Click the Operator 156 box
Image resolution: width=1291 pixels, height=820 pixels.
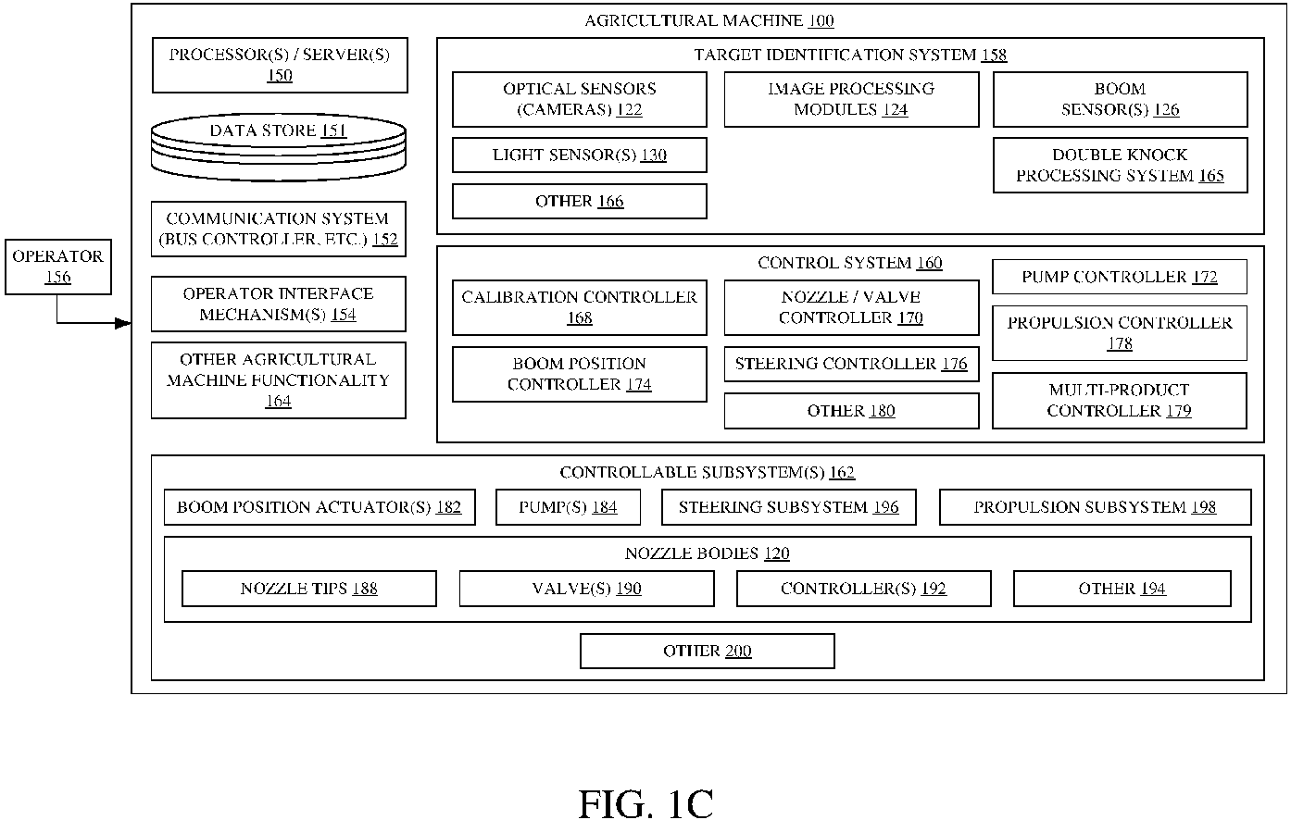coord(58,267)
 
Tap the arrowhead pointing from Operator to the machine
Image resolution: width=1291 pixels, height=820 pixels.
coord(123,323)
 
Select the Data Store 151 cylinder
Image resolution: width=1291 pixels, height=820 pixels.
coord(279,147)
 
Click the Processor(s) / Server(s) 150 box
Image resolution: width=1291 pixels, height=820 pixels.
coord(280,65)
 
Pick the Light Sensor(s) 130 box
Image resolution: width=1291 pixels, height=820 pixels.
coord(579,155)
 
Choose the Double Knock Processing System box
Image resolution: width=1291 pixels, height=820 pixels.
coord(1120,166)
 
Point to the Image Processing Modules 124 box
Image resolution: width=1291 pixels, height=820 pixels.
coord(851,99)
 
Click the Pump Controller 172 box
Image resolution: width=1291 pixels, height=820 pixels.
coord(1120,277)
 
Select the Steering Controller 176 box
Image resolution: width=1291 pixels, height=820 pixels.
coord(851,364)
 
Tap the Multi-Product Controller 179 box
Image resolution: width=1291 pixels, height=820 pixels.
coord(1120,401)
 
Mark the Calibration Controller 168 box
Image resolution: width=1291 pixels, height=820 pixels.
coord(579,307)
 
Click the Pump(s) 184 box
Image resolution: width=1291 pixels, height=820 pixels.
coord(568,507)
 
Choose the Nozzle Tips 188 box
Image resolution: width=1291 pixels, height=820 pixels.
coord(309,589)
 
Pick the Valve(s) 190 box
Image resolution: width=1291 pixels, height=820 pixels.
coord(587,589)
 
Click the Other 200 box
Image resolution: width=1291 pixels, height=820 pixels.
coord(708,652)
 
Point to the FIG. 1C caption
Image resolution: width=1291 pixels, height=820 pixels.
coord(645,803)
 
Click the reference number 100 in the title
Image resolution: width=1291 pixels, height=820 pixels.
coord(821,21)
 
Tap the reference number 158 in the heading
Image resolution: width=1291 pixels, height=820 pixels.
coord(995,56)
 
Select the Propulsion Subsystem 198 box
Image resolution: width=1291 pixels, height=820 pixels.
coord(1095,507)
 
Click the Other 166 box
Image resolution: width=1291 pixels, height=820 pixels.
coord(579,202)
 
